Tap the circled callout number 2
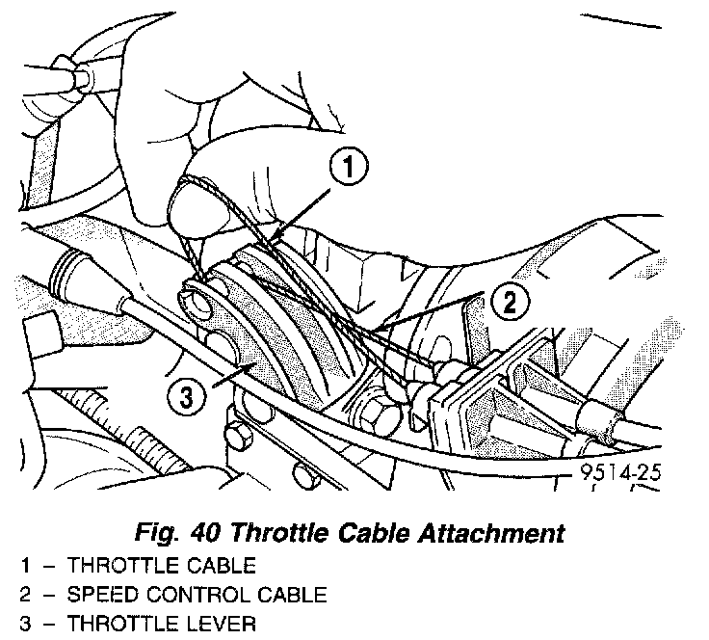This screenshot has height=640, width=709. pyautogui.click(x=510, y=302)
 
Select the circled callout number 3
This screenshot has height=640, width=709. pyautogui.click(x=187, y=393)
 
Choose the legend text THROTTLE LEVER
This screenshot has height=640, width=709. pyautogui.click(x=161, y=624)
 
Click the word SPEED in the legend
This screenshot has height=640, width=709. pyautogui.click(x=101, y=594)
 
